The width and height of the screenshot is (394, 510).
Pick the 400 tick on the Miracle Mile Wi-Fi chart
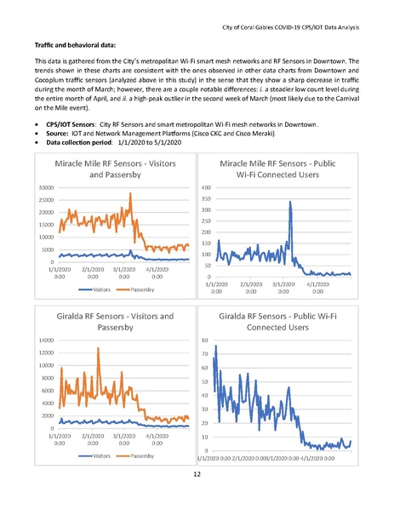205,187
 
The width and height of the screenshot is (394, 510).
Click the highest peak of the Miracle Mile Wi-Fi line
290,203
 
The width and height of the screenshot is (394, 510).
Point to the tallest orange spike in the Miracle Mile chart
130,194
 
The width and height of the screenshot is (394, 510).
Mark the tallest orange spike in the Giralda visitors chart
99,349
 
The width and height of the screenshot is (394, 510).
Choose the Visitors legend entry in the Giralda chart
96,455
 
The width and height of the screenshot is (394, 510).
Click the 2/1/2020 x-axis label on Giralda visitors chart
92,439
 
